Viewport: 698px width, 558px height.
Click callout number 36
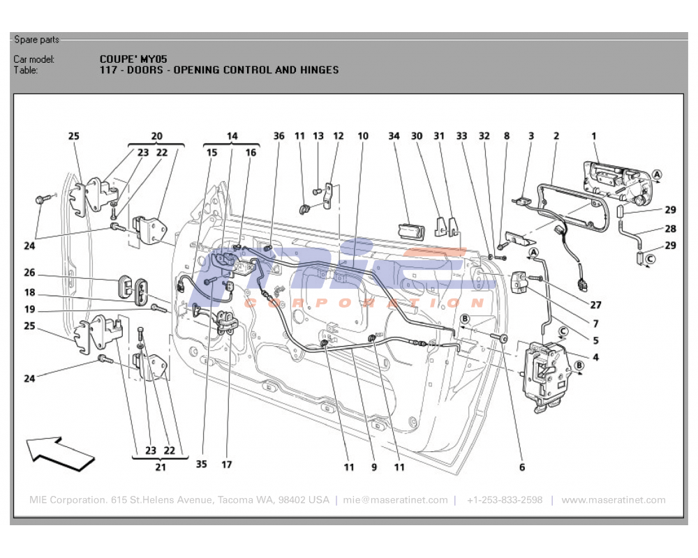(279, 136)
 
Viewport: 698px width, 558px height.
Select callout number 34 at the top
(394, 136)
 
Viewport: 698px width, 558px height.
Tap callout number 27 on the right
(595, 305)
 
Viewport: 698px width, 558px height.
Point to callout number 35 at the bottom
(202, 464)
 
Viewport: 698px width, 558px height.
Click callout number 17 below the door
(227, 464)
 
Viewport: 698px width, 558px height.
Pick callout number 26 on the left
(29, 273)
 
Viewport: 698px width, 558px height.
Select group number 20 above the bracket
(156, 136)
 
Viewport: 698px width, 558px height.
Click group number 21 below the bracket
(161, 467)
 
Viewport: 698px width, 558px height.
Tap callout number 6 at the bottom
(521, 467)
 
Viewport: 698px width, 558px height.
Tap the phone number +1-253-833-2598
(505, 500)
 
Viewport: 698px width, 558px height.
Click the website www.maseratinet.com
(613, 500)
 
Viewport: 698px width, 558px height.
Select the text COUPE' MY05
(133, 59)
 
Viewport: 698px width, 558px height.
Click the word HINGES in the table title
(320, 70)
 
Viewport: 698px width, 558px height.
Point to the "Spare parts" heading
(37, 40)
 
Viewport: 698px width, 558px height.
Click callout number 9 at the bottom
(374, 467)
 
